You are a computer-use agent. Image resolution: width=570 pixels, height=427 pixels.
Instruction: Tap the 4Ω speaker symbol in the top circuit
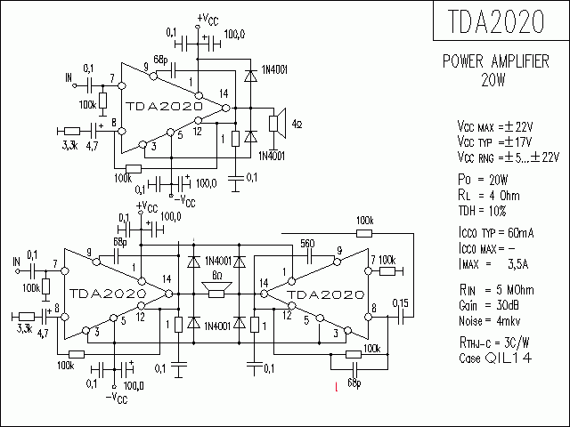click(x=278, y=123)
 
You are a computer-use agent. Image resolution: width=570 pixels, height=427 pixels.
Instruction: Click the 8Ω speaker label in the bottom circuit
click(x=217, y=277)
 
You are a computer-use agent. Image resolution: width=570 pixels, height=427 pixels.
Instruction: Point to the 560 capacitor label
click(x=307, y=243)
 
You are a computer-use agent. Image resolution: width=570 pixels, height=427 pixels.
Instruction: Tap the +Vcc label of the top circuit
click(x=206, y=18)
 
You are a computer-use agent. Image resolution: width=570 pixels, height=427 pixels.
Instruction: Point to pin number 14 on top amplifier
click(x=222, y=93)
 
